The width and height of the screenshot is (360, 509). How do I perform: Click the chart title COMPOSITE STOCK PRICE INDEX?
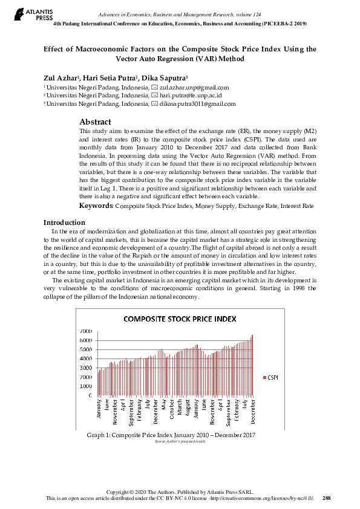point(180,319)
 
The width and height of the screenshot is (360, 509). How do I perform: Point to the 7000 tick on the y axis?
point(86,331)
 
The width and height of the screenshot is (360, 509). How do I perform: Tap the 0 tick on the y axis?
point(91,395)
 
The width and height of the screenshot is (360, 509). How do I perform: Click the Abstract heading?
point(95,122)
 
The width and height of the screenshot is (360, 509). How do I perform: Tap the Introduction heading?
point(65,222)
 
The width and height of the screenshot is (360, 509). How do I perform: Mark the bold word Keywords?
point(96,206)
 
